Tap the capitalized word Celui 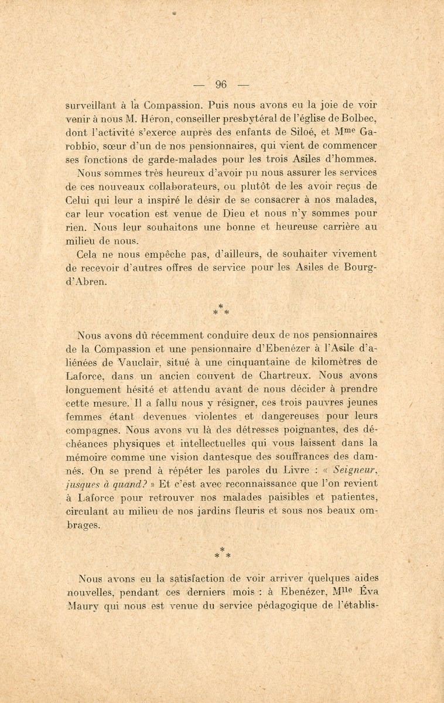(90, 200)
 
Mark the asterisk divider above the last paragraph (221, 554)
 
